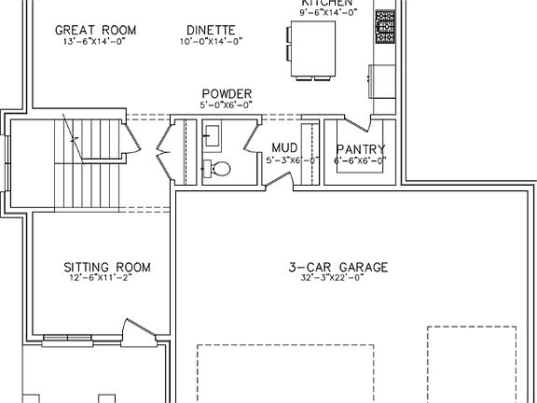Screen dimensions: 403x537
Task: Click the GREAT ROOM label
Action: click(x=95, y=30)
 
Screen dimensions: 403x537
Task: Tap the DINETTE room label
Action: click(x=212, y=30)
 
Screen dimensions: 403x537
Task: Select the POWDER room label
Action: click(x=226, y=94)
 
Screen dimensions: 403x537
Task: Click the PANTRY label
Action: click(x=360, y=148)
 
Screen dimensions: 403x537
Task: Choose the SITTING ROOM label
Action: click(x=107, y=267)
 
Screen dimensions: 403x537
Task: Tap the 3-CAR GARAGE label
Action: click(x=337, y=267)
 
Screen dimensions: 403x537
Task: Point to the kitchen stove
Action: click(x=384, y=27)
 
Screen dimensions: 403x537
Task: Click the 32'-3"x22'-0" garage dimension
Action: click(x=337, y=278)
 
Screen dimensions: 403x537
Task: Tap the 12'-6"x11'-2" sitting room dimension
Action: click(x=107, y=278)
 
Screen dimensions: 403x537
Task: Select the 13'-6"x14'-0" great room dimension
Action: click(x=95, y=41)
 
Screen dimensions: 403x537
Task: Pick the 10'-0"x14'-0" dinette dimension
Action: click(x=212, y=41)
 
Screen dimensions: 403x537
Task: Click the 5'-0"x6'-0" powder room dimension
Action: click(x=226, y=105)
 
